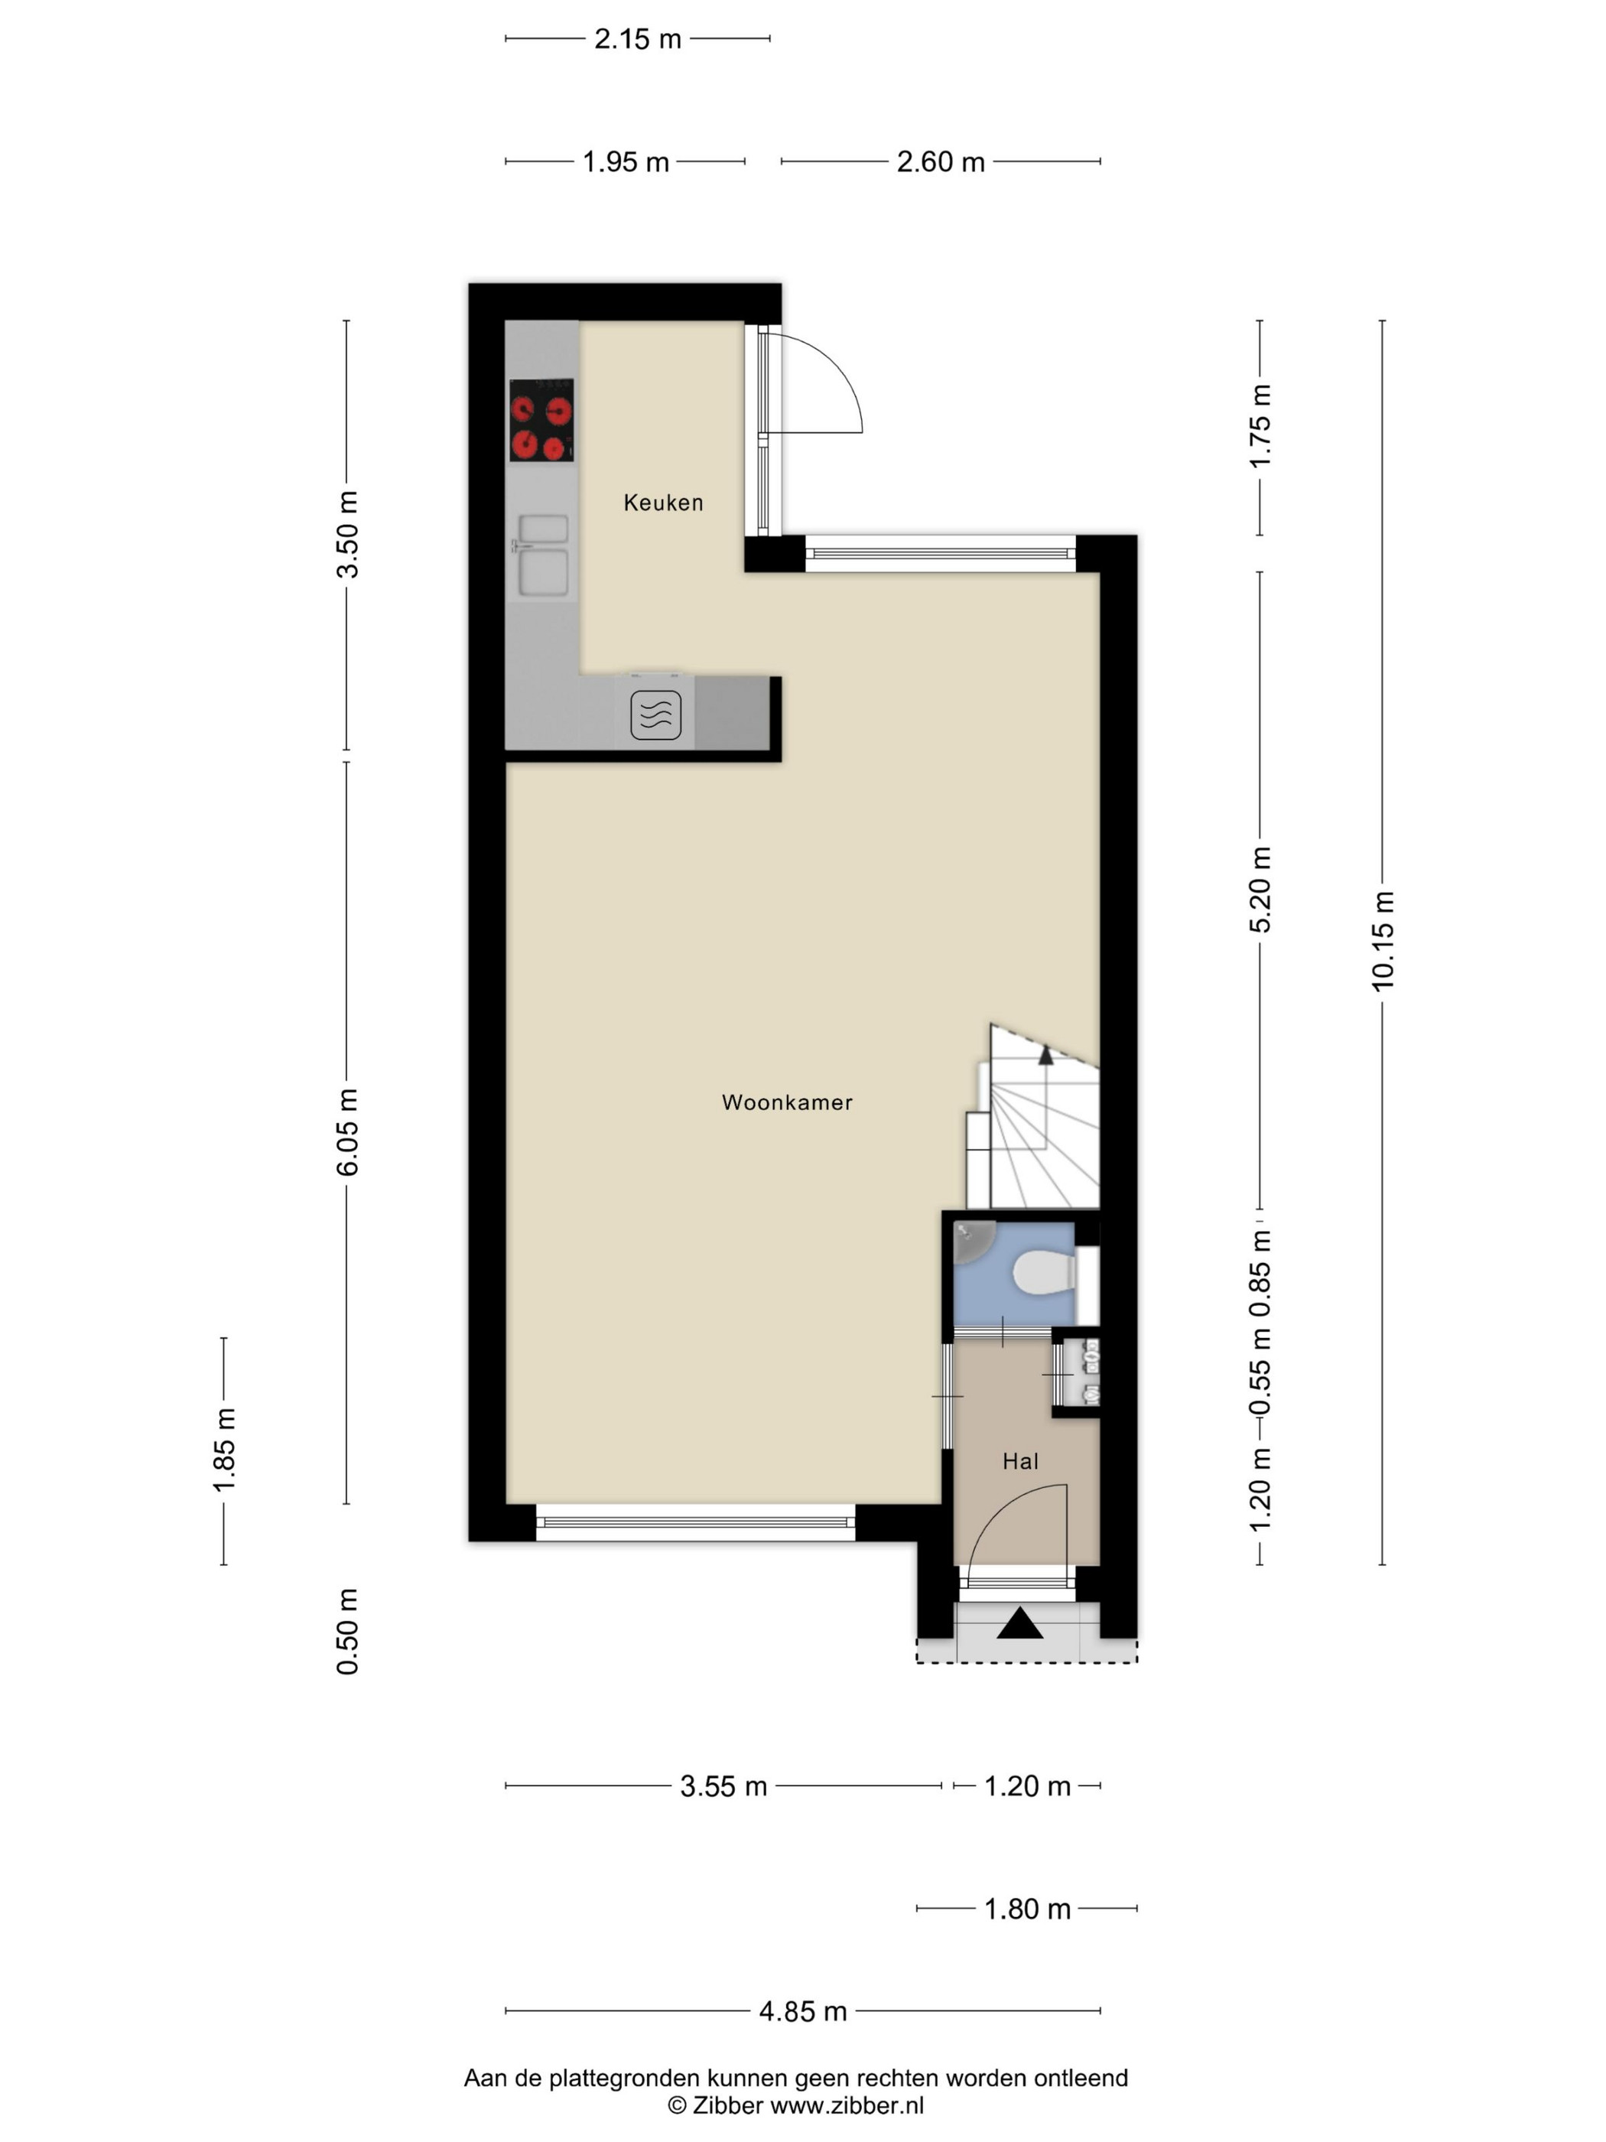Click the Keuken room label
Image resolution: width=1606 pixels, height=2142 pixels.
(x=663, y=503)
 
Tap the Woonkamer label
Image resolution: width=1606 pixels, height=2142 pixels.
(x=787, y=1102)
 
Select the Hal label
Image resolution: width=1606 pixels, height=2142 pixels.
(x=1020, y=1461)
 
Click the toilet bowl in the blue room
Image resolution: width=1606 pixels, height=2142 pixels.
(x=1045, y=1271)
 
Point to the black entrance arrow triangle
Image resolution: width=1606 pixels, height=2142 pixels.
(x=1020, y=1623)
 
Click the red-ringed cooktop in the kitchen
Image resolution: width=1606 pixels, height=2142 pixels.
(x=541, y=419)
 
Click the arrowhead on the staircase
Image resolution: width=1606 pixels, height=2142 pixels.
(x=1045, y=1056)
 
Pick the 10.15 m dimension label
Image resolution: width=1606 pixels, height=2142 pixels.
(x=1383, y=940)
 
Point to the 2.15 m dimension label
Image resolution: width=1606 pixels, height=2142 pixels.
(x=638, y=39)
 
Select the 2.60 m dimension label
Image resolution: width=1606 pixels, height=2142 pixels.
(x=940, y=161)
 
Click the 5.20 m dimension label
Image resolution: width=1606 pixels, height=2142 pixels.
(x=1260, y=889)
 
